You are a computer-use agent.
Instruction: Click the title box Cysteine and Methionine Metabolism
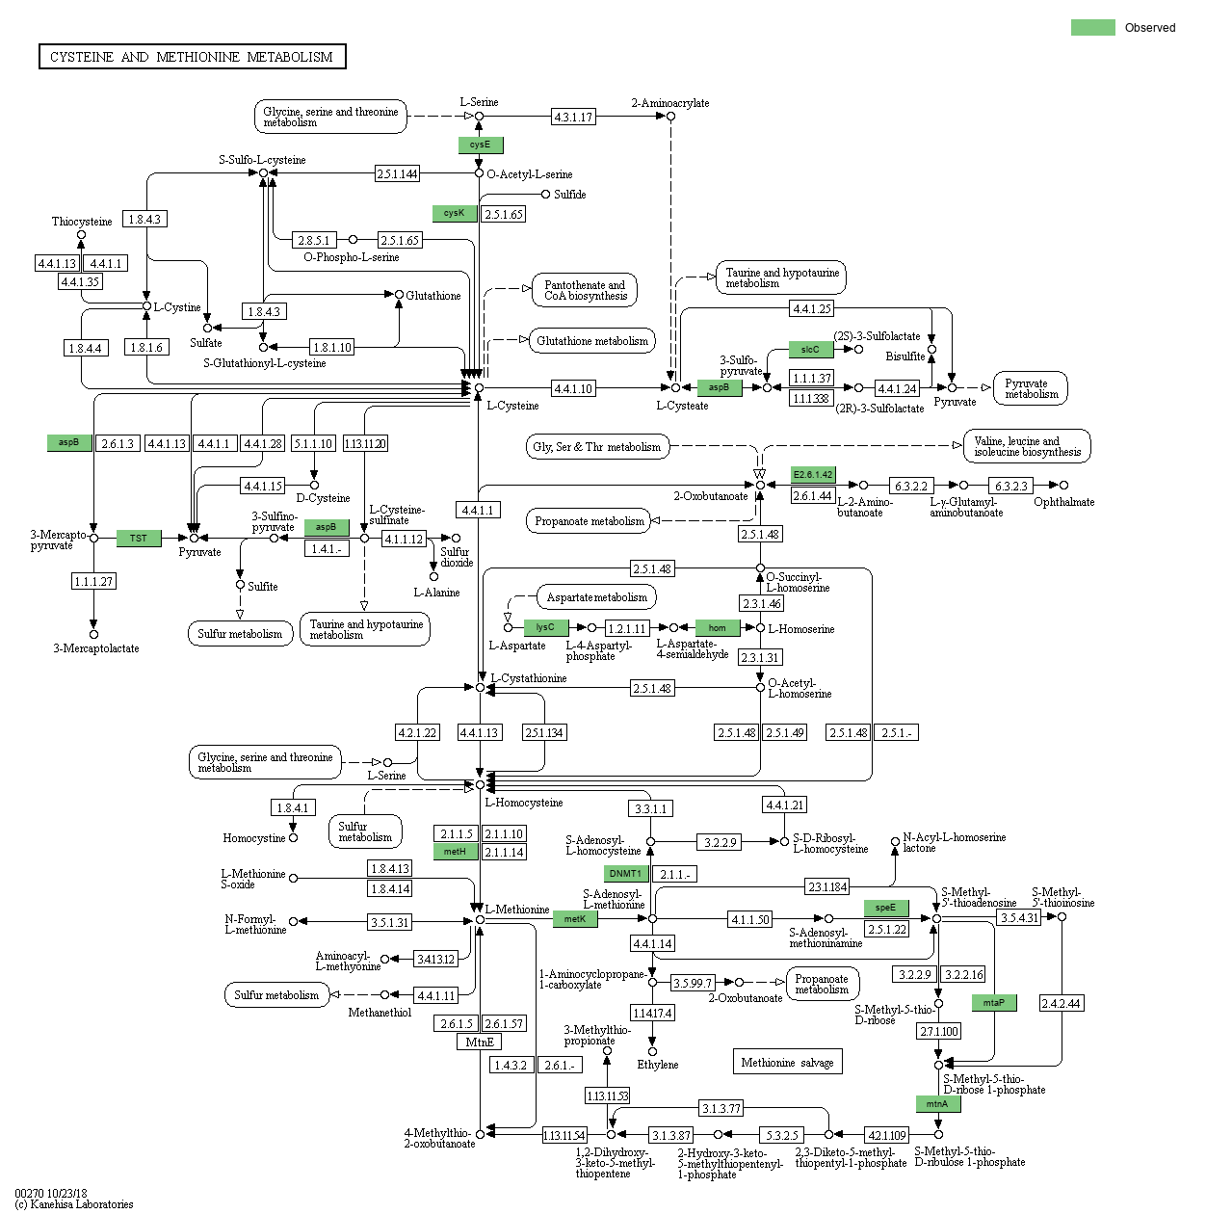[192, 57]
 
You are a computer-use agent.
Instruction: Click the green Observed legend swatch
[1092, 27]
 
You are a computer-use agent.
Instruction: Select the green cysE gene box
[480, 145]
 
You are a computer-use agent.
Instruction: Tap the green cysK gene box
[455, 213]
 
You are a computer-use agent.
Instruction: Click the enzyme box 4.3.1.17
[573, 117]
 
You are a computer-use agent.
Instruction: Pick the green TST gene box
[139, 538]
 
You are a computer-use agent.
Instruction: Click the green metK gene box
[575, 919]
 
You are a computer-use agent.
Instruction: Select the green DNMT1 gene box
[625, 874]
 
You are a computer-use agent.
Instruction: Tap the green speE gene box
[885, 908]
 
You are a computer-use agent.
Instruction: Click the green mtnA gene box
[937, 1104]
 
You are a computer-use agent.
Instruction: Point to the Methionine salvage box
[787, 1062]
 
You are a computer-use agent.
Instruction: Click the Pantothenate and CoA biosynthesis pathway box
[585, 290]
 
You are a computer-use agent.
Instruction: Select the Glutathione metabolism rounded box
[592, 340]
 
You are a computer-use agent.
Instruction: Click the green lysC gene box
[545, 627]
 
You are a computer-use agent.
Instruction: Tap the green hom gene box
[718, 627]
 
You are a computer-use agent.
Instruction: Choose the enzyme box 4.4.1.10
[573, 388]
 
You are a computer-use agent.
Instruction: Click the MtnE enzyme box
[480, 1042]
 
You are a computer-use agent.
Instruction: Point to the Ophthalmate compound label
[1063, 502]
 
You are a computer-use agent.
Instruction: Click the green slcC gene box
[810, 350]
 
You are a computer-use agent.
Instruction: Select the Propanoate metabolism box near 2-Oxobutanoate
[590, 521]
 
